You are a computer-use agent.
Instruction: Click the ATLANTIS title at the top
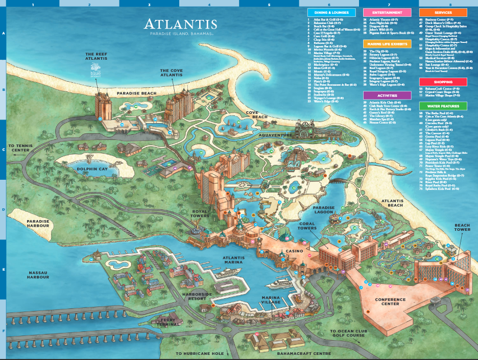pyautogui.click(x=180, y=24)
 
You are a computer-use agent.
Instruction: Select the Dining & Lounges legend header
pyautogui.click(x=331, y=12)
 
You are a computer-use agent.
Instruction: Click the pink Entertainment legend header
pyautogui.click(x=387, y=12)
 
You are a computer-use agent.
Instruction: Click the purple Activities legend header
pyautogui.click(x=387, y=95)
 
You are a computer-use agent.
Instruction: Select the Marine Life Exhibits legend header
pyautogui.click(x=387, y=44)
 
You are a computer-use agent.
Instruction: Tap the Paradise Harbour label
pyautogui.click(x=38, y=224)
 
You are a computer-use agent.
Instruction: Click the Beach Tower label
pyautogui.click(x=462, y=227)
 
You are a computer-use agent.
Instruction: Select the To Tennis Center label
pyautogui.click(x=20, y=148)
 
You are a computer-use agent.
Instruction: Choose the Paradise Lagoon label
pyautogui.click(x=324, y=210)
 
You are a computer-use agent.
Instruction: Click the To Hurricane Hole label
pyautogui.click(x=200, y=353)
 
